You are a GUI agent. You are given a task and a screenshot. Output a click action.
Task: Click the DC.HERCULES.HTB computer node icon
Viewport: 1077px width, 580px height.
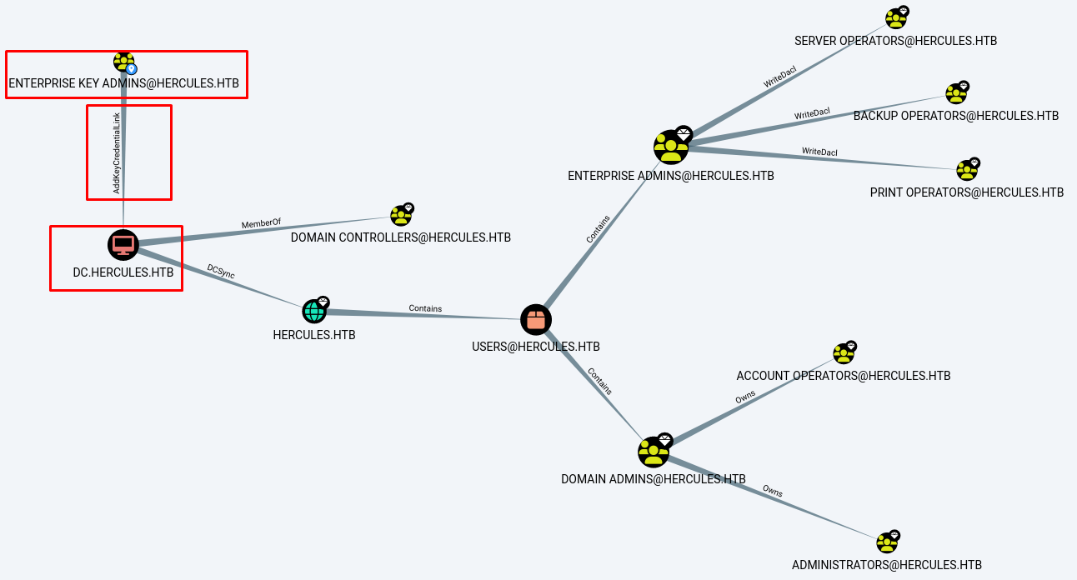[123, 245]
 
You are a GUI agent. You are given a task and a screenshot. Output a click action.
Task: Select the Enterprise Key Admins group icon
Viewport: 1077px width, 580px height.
[123, 62]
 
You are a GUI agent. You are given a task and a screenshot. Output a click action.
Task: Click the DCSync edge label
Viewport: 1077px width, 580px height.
[221, 272]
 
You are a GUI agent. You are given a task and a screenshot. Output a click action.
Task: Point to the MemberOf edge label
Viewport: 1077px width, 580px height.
[261, 224]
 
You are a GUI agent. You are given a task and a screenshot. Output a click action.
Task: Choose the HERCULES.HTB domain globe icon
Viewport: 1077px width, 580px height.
[314, 312]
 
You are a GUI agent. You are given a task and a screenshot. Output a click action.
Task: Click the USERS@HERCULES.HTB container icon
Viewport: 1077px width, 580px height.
[536, 320]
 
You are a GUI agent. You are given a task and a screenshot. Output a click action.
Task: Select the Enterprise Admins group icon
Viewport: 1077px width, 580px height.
[671, 147]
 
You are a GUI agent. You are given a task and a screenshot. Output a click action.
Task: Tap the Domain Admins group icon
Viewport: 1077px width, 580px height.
[654, 452]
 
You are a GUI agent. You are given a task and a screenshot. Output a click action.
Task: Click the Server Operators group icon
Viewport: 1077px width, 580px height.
[896, 18]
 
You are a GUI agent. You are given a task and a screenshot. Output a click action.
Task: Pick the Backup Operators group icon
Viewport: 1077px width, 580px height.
[956, 93]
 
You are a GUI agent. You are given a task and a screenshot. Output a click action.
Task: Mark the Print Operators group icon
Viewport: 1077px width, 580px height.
[967, 170]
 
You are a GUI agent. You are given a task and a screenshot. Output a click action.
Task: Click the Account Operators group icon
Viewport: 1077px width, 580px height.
[844, 353]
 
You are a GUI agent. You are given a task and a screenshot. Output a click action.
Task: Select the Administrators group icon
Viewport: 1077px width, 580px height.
[887, 542]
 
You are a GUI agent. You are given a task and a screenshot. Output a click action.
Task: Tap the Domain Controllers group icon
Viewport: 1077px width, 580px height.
[401, 216]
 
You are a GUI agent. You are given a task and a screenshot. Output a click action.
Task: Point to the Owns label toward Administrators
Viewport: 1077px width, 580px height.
[772, 492]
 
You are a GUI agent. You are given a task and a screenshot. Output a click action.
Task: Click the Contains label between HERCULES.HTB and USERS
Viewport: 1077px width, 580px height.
[425, 308]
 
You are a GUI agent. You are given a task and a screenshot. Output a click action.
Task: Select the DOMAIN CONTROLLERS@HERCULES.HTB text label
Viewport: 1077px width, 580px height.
[401, 237]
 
